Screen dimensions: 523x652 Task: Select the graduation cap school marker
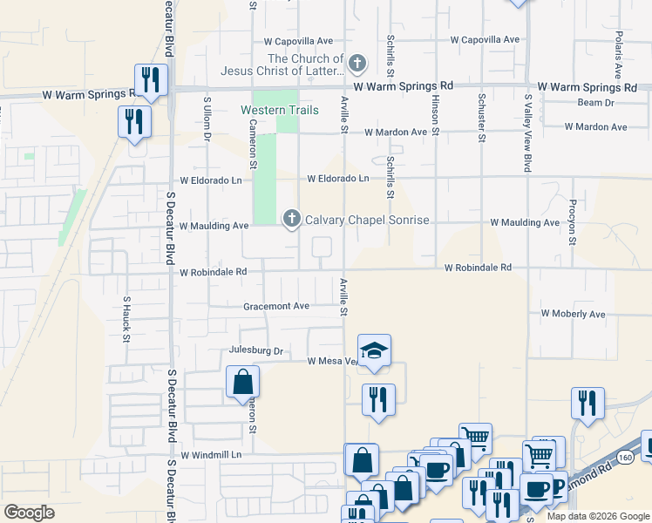click(375, 350)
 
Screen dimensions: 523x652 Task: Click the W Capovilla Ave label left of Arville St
click(298, 41)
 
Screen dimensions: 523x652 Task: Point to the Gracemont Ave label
click(276, 306)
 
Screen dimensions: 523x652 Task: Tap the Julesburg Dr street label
click(256, 350)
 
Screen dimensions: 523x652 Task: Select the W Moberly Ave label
click(573, 314)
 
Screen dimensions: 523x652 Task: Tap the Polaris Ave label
click(617, 52)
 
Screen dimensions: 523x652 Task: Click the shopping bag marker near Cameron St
click(242, 382)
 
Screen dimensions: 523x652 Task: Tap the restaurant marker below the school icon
click(378, 400)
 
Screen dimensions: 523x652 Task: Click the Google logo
click(29, 513)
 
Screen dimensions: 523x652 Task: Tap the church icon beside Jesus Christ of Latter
click(357, 63)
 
